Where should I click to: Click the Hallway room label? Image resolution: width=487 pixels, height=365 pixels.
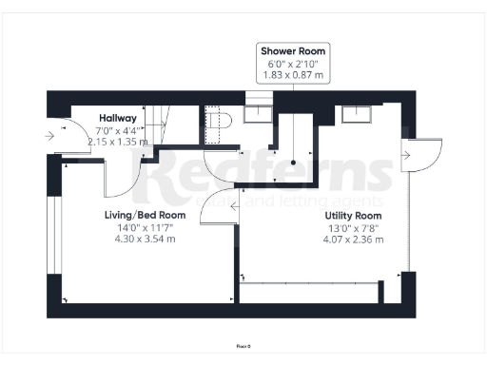click(118, 118)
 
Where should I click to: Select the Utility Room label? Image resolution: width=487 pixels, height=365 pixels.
click(353, 215)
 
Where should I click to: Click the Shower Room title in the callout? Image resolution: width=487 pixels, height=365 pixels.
click(293, 50)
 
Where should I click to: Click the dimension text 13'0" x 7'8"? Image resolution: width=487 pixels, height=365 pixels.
click(353, 227)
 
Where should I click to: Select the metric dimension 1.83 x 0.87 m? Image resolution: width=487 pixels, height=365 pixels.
click(293, 75)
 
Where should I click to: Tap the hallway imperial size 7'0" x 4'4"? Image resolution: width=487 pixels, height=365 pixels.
click(118, 130)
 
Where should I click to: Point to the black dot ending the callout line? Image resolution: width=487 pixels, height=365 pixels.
click(294, 163)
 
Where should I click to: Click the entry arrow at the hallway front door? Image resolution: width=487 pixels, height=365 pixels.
click(49, 136)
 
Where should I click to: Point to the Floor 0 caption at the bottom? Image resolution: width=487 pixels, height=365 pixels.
click(243, 347)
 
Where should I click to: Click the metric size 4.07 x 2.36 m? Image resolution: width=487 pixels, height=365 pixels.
click(353, 240)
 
